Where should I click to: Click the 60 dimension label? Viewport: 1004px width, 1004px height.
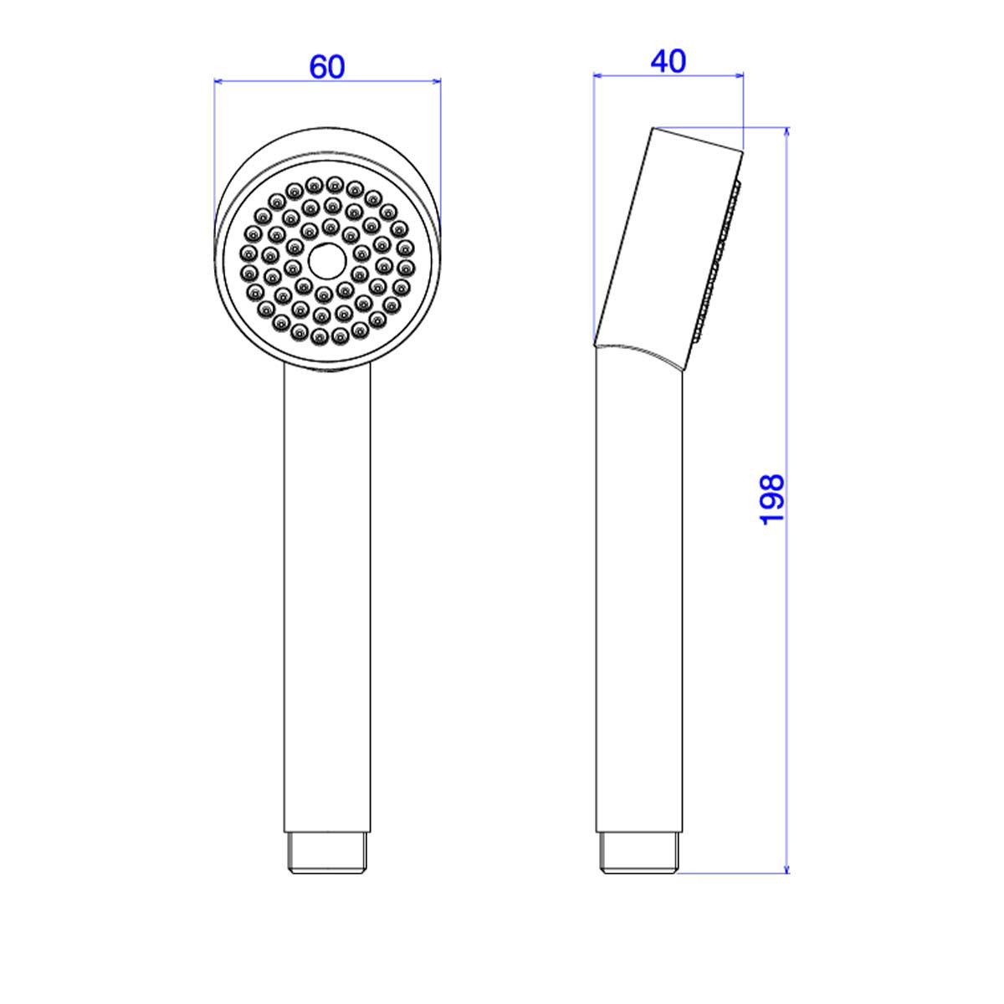(327, 67)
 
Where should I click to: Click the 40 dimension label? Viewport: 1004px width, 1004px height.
(668, 61)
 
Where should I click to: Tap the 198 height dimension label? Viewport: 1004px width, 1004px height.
(772, 499)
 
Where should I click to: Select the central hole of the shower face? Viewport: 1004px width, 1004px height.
(327, 260)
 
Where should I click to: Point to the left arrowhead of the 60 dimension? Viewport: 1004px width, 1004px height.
(218, 81)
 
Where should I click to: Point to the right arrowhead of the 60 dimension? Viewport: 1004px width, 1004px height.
(437, 81)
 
